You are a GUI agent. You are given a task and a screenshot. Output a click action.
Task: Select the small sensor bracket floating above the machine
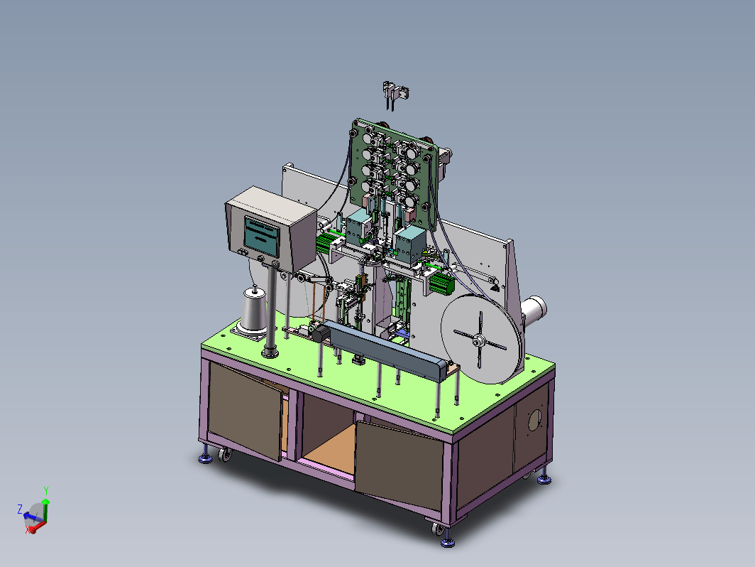coord(396,94)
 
